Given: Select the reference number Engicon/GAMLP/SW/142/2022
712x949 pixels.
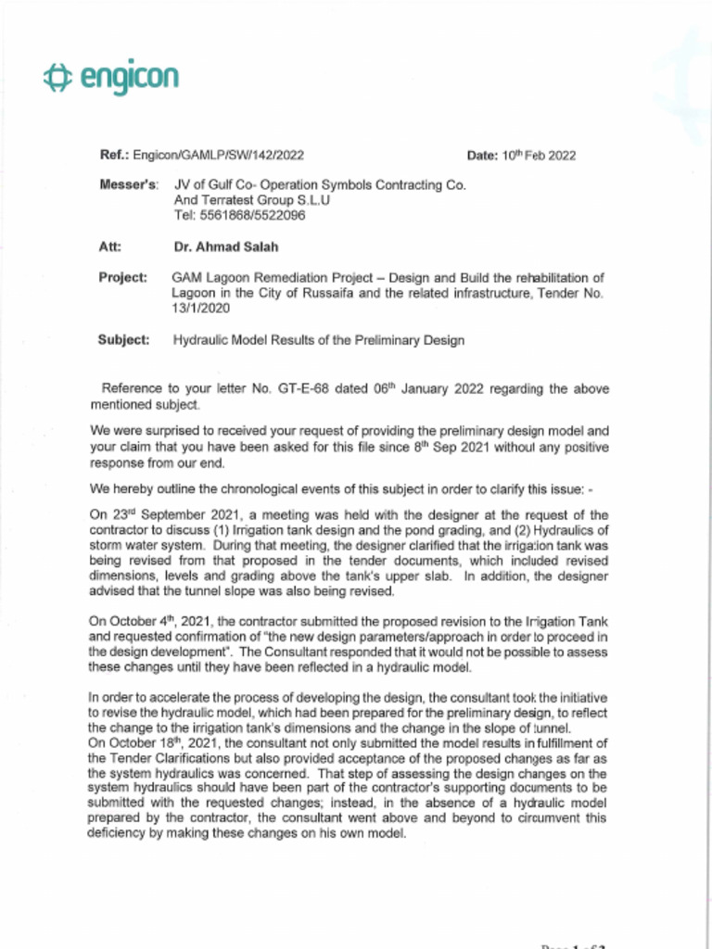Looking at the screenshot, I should click(218, 155).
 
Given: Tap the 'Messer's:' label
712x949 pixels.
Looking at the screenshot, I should click(129, 184).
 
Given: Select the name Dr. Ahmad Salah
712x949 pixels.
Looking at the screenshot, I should click(226, 247).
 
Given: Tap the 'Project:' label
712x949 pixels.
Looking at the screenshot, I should click(122, 278).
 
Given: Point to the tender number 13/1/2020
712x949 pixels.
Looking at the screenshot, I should click(201, 309).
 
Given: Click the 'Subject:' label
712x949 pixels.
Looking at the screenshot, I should click(123, 340).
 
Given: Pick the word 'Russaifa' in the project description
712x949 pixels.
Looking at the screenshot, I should click(324, 294).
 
